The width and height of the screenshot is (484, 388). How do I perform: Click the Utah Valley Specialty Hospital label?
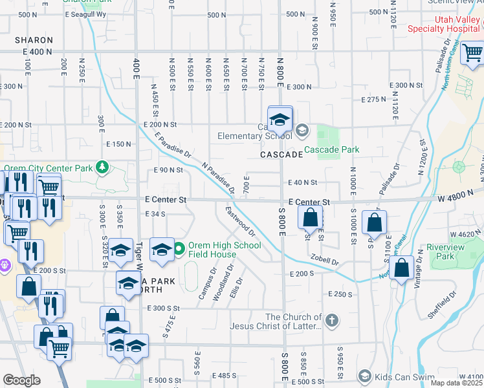[445, 23]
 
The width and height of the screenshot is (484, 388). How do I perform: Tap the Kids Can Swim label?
[399, 376]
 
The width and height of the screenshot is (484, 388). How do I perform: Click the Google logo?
[21, 380]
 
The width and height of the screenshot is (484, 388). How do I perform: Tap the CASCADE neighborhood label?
[281, 155]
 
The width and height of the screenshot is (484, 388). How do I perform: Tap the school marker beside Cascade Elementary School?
[280, 120]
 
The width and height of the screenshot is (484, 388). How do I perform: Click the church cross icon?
[331, 321]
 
